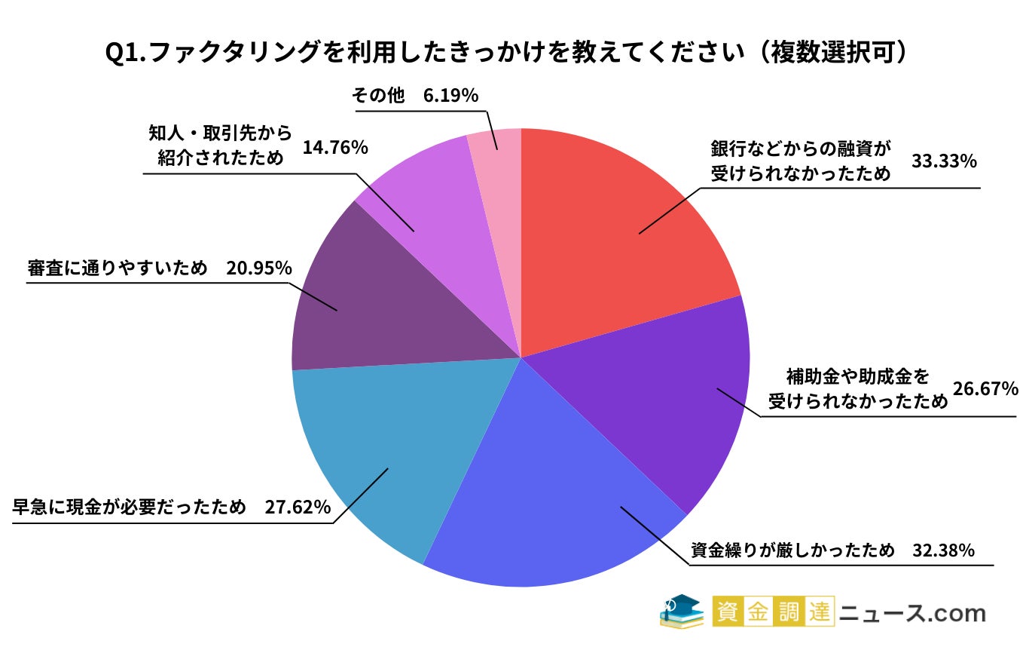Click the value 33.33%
(x=944, y=162)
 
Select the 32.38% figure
(x=944, y=550)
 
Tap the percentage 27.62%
(x=298, y=507)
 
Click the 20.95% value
(x=258, y=268)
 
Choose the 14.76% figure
(x=334, y=148)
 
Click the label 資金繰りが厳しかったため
(x=793, y=550)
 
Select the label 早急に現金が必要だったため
(x=129, y=507)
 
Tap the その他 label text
(x=378, y=96)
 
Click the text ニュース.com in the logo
(x=913, y=612)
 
